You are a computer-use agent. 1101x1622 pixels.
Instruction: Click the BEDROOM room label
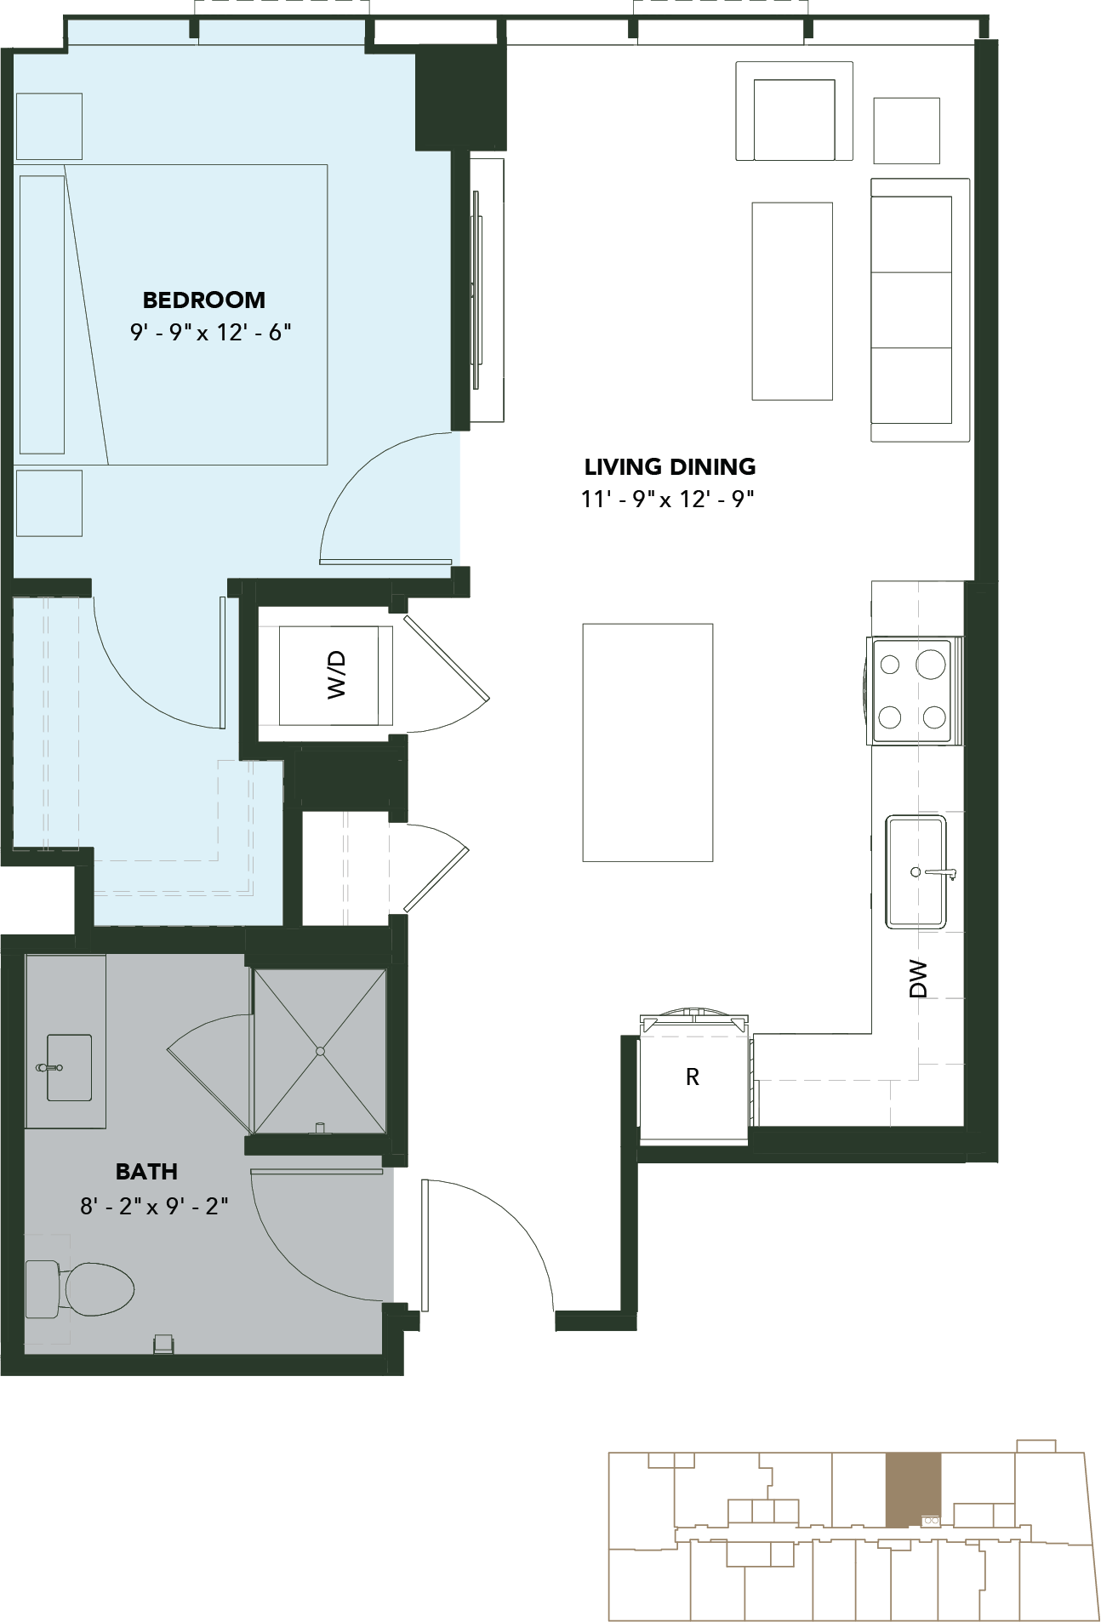[x=204, y=300]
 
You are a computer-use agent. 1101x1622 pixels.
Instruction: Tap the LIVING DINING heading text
[x=670, y=466]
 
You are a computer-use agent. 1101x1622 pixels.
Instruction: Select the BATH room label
[x=146, y=1171]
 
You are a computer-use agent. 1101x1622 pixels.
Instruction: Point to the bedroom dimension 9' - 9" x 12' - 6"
[x=211, y=332]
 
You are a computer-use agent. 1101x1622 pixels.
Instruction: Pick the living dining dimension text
[x=669, y=499]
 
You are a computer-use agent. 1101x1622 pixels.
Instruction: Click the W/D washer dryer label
[x=337, y=674]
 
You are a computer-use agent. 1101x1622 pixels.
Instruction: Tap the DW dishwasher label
[x=917, y=979]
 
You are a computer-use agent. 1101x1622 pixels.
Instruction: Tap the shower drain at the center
[x=320, y=1051]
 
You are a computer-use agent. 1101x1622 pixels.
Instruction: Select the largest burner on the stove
[x=933, y=663]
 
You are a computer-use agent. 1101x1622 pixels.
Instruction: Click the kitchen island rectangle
[x=647, y=742]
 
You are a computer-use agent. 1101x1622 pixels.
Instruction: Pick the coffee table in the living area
[x=792, y=301]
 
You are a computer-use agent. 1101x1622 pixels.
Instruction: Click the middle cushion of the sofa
[x=911, y=310]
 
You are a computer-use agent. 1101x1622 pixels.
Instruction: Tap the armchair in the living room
[x=795, y=111]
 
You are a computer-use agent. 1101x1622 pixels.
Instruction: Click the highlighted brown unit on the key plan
[x=914, y=1490]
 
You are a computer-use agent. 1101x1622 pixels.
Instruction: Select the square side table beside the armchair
[x=907, y=130]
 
